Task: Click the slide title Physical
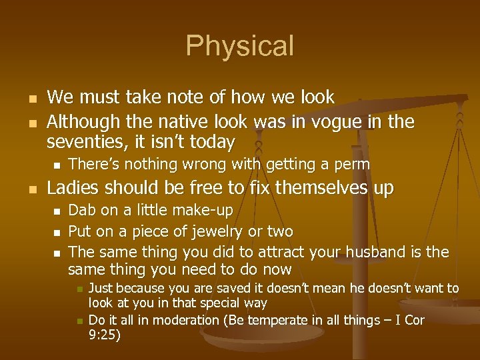[239, 46]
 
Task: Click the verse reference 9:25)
[104, 335]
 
